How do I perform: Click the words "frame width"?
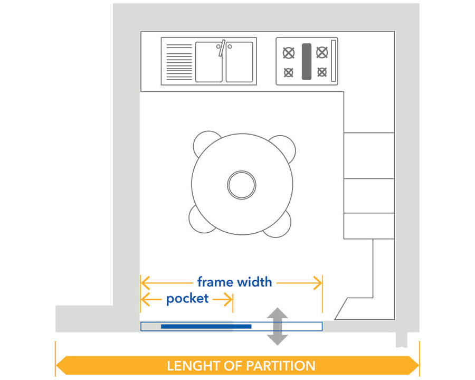(234, 282)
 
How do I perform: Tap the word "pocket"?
(187, 299)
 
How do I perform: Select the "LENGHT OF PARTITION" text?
(241, 365)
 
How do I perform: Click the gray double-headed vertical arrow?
(277, 326)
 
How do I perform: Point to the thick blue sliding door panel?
(206, 327)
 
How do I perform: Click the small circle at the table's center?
(242, 185)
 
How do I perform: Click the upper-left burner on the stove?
(288, 53)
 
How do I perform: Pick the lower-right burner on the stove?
(321, 72)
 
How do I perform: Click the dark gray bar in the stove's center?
(306, 61)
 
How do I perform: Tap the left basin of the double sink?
(208, 62)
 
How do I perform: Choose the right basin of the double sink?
(240, 62)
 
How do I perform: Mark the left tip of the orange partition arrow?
(58, 365)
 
